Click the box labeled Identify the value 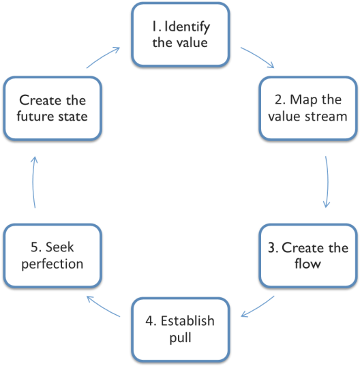point(181,35)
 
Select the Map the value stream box point(308,108)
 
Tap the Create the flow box point(308,256)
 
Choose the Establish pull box point(181,330)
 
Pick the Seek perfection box point(52,256)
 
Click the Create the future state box point(52,108)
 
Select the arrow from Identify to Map point(258,57)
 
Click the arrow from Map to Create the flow point(327,182)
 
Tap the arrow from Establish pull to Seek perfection point(103,306)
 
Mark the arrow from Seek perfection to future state point(33,182)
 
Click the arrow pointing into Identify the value point(103,57)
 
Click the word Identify point(187,27)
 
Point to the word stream point(327,117)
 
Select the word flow point(307,263)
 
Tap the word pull point(181,337)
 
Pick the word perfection point(52,264)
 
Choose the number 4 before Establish point(149,321)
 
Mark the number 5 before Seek point(35,247)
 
